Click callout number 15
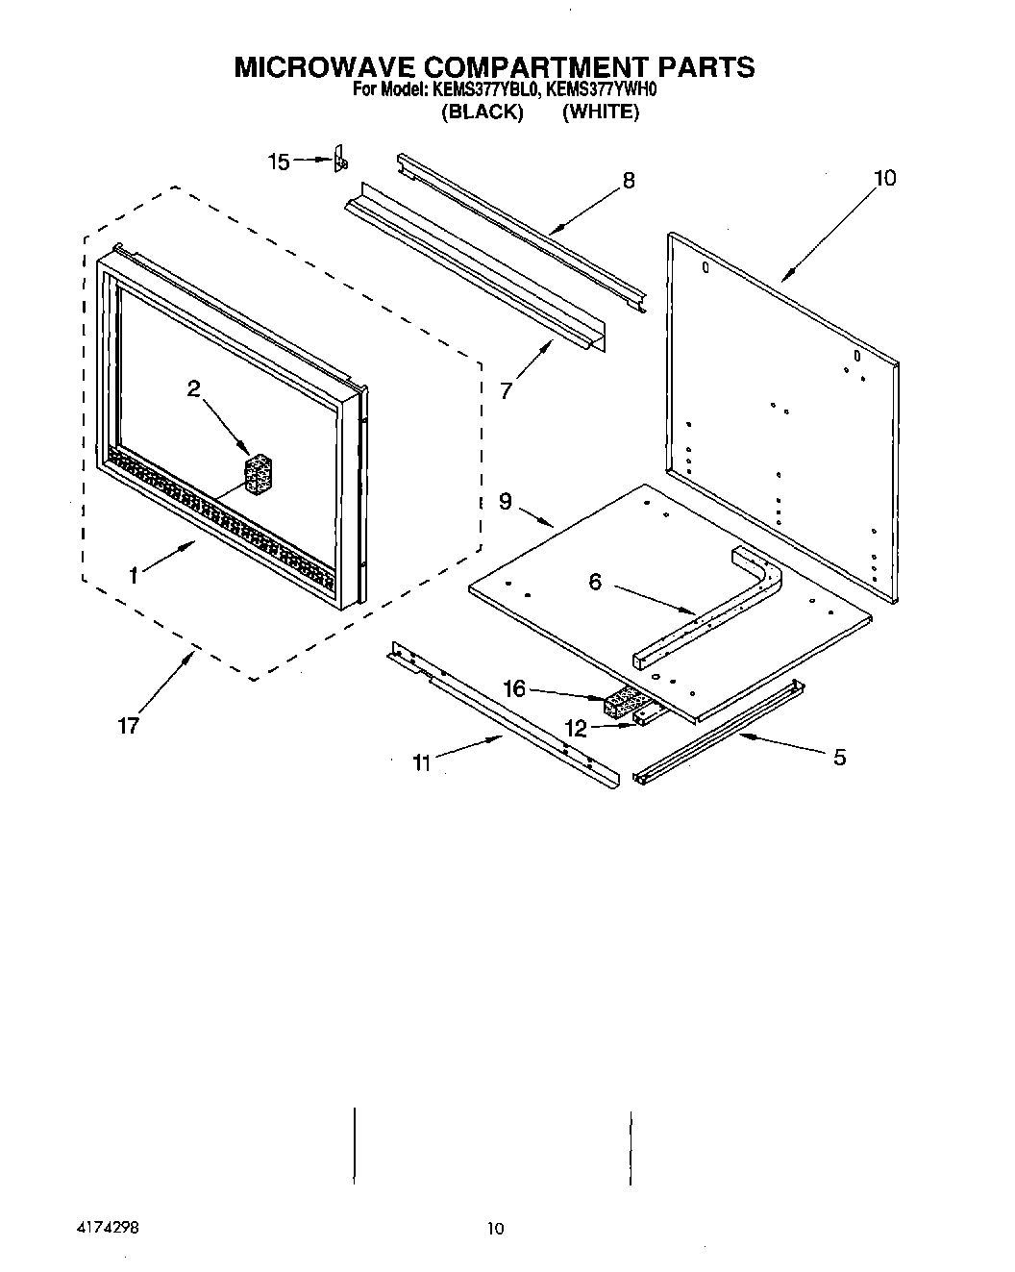tap(278, 162)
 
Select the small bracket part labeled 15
tap(339, 161)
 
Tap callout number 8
tap(629, 180)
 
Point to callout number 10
tap(884, 178)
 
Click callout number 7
tap(507, 389)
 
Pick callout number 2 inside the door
tap(194, 388)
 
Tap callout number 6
tap(595, 582)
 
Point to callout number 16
tap(515, 688)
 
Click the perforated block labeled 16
tap(624, 705)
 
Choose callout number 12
tap(576, 728)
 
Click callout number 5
tap(839, 757)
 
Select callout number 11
tap(421, 762)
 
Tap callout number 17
tap(129, 726)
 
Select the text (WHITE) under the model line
tap(601, 112)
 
